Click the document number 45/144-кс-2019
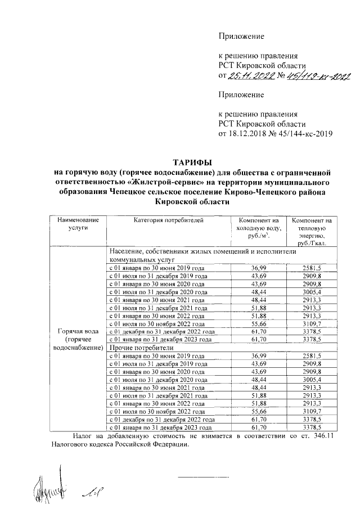307,134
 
